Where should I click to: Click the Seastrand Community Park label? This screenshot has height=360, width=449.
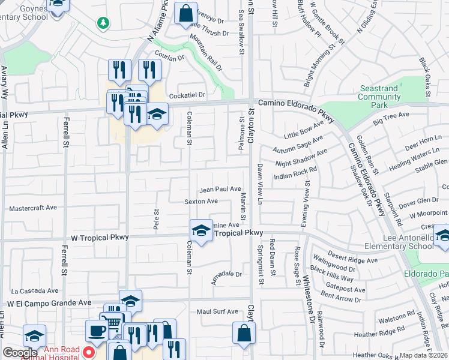379,97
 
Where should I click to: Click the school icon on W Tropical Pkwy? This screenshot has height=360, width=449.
201,230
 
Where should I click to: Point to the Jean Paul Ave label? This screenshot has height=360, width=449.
220,189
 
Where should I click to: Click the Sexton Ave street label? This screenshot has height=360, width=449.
200,202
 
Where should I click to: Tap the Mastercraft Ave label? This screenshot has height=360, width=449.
33,208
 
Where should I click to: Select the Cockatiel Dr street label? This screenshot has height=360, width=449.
187,95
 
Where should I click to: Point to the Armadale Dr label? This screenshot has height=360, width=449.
225,274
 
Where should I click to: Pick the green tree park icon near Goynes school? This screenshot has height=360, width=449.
104,23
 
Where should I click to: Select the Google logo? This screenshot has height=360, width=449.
19,353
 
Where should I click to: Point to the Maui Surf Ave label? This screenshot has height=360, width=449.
217,312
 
